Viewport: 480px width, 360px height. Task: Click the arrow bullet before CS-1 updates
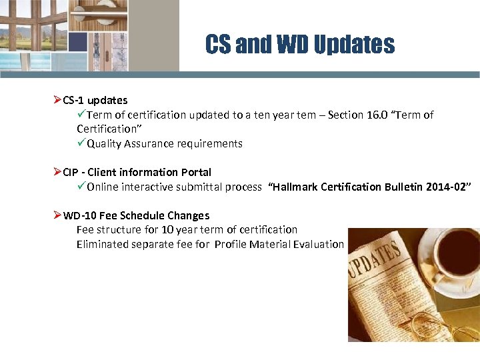57,100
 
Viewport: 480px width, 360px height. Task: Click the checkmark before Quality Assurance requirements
81,143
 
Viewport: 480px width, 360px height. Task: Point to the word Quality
104,144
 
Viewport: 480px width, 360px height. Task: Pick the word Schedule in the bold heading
143,216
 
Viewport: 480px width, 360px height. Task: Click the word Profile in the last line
230,245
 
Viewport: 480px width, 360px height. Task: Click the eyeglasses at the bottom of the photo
440,327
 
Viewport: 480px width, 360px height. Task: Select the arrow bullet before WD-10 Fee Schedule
57,215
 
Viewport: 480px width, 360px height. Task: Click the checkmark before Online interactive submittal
81,187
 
